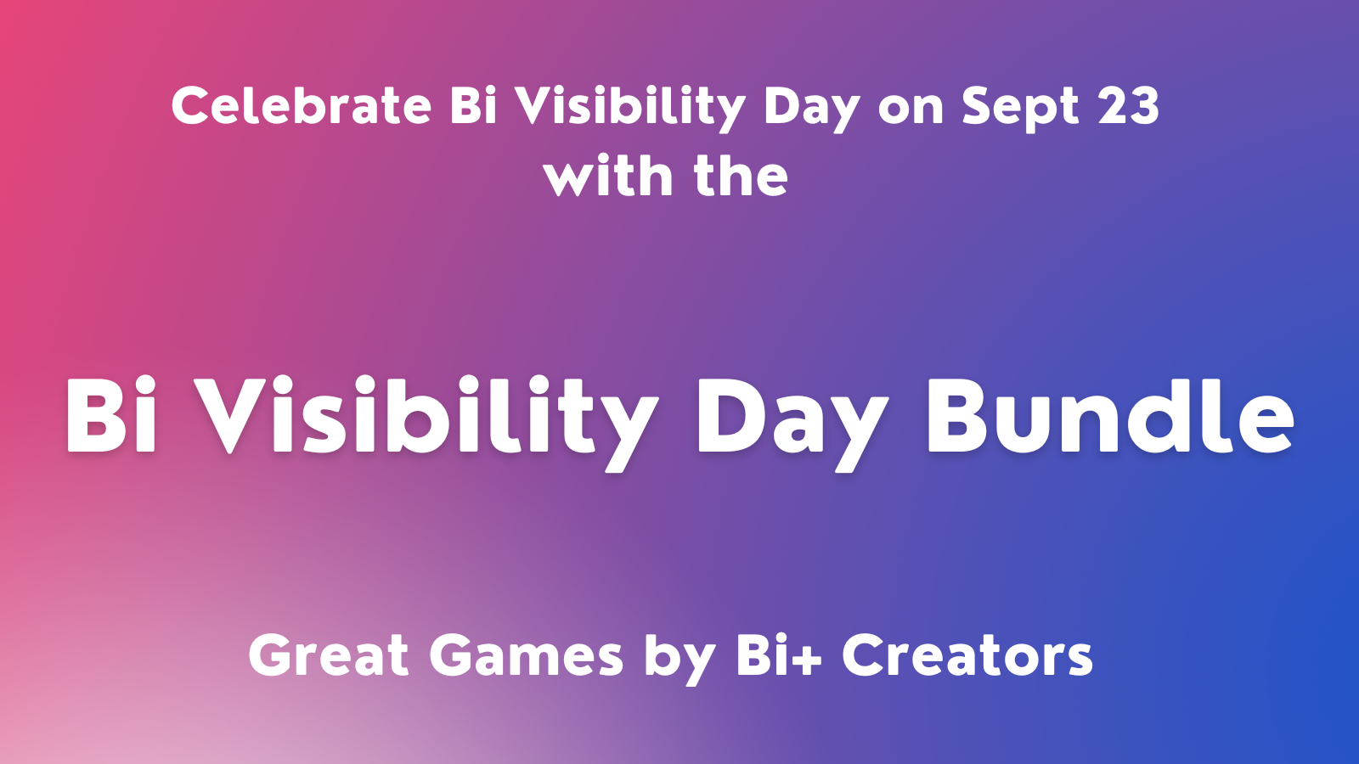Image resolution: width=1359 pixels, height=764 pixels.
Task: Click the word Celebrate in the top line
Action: [301, 106]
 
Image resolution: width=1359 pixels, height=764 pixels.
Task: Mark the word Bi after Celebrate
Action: [473, 106]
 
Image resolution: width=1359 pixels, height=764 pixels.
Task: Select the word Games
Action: [526, 656]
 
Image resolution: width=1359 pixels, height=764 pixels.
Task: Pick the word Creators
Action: [967, 656]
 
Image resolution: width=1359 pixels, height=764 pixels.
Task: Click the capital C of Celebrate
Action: [190, 106]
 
